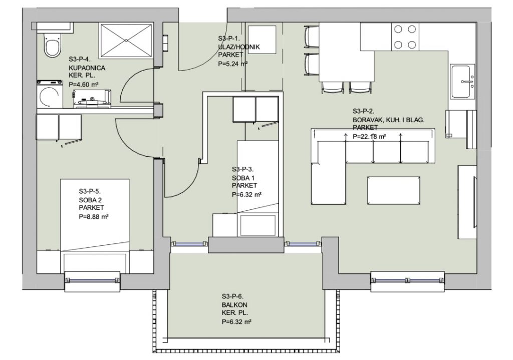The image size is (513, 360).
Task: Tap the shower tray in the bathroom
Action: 126,41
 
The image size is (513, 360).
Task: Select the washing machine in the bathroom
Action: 50,94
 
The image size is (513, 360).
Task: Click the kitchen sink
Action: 462,82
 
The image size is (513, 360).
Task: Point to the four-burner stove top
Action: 405,37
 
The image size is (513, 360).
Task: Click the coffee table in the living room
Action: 393,190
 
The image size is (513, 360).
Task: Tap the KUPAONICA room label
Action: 87,68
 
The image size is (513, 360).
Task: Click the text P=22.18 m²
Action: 369,136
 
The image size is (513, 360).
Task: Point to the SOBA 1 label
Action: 243,178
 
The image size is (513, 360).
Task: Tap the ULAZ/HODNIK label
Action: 239,47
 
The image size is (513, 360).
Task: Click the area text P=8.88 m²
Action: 94,216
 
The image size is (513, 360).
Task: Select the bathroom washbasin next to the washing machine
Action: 92,100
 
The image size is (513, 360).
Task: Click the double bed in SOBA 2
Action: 95,226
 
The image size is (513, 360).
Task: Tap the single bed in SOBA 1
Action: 258,188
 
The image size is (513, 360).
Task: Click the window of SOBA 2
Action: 92,280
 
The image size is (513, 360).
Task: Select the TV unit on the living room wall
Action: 467,203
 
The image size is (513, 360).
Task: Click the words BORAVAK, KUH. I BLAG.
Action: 388,120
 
